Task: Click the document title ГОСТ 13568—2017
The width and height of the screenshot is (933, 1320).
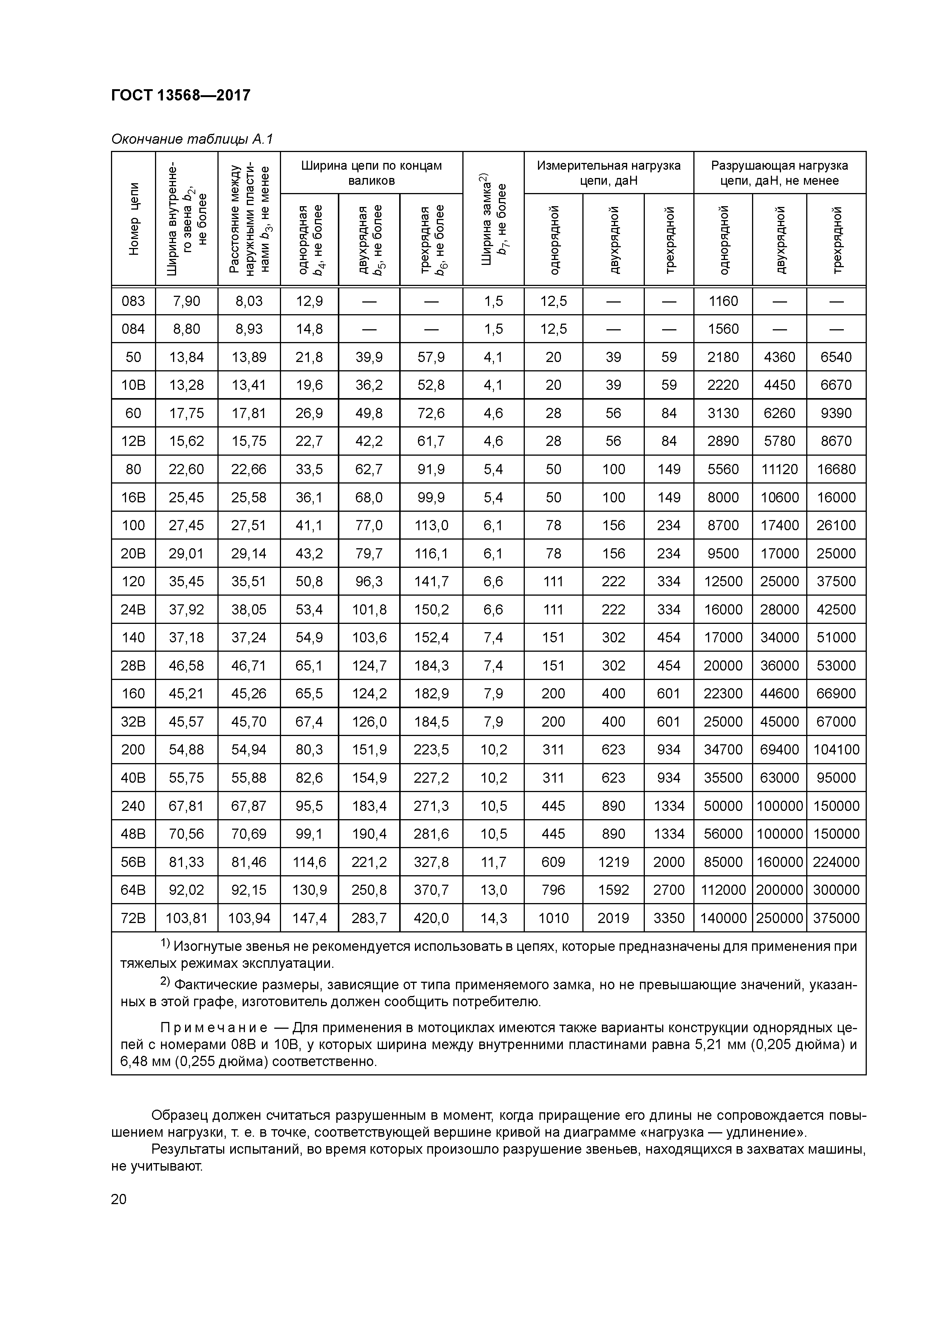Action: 181,95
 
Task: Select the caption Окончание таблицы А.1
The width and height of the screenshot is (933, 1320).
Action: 192,139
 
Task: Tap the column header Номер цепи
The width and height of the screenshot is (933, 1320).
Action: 134,219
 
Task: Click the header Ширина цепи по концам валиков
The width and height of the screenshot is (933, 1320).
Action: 371,172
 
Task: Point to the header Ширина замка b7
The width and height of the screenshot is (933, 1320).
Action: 493,219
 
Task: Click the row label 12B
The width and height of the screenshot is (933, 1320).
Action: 134,441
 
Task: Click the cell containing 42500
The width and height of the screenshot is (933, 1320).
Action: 836,610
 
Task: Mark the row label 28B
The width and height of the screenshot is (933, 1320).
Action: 134,665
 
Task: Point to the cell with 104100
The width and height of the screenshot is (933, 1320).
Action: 836,750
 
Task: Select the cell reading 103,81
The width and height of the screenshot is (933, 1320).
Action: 186,918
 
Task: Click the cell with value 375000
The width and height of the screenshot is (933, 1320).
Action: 836,918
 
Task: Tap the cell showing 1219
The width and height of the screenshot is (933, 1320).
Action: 613,862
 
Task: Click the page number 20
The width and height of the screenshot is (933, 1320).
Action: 119,1199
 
